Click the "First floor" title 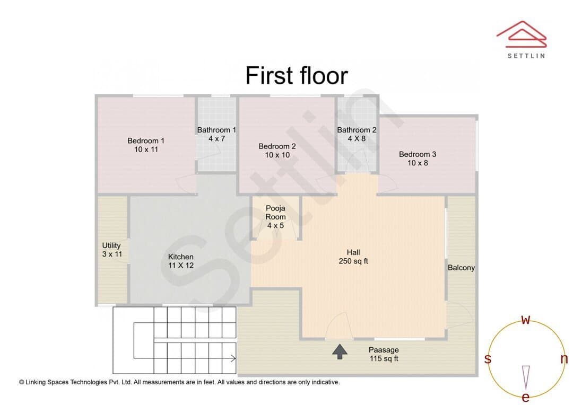pos(297,76)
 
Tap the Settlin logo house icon pos(522,34)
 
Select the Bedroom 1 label pos(146,140)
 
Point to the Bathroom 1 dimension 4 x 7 pos(216,139)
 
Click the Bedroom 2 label pos(277,146)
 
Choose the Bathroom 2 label pos(357,130)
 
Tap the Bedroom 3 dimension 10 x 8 pos(418,163)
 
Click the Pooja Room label pos(275,213)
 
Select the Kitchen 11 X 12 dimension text pos(181,266)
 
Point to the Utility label pos(111,245)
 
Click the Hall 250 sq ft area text pos(353,261)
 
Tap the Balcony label pos(461,268)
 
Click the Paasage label pos(384,350)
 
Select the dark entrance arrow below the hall pos(340,351)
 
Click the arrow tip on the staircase pos(236,358)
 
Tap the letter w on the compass pos(525,320)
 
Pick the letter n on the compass pos(564,359)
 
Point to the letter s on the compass pos(488,359)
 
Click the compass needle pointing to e pos(526,377)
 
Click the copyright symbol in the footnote pos(22,382)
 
